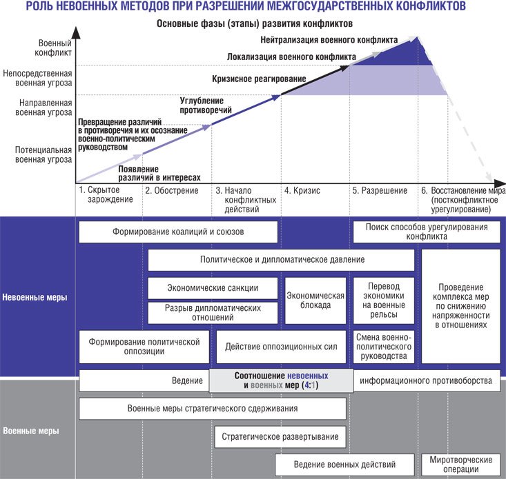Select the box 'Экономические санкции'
point(213,287)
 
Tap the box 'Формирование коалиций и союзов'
point(178,232)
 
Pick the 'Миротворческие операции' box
point(460,465)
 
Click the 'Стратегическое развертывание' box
point(280,436)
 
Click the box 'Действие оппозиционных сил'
point(281,347)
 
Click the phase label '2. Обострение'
point(167,191)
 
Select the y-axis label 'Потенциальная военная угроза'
point(43,154)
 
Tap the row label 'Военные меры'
point(31,431)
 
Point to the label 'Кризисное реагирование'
point(259,79)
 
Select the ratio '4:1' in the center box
point(308,386)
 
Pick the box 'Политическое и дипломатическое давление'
point(282,260)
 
